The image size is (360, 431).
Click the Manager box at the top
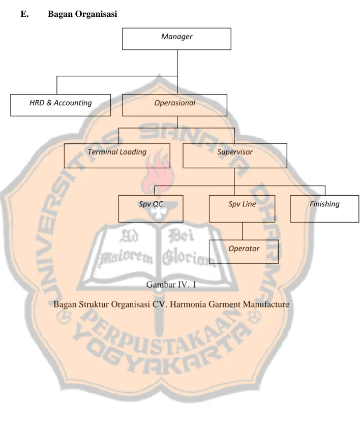176,39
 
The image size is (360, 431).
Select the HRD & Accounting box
61,105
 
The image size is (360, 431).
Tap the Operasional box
174,105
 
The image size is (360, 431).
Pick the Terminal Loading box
117,156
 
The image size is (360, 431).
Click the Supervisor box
235,156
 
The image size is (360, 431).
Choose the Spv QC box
151,208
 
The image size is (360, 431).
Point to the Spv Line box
242,208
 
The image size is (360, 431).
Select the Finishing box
324,208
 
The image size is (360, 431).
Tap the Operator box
244,252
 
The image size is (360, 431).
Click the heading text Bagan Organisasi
82,14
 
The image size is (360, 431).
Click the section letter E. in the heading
24,14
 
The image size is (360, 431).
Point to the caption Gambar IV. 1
171,284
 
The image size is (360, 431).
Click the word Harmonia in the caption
188,304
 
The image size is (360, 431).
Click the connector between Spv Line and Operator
243,231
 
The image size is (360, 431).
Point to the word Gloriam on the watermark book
189,258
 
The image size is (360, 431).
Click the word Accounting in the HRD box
73,103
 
